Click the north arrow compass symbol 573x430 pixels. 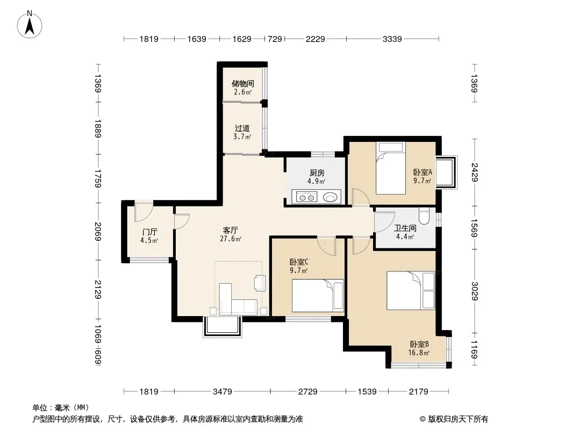[30, 25]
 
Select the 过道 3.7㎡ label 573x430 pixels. [242, 132]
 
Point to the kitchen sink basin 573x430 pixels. [331, 197]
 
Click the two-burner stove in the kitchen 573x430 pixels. [306, 198]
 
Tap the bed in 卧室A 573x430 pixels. [391, 168]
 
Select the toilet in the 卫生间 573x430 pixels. [424, 216]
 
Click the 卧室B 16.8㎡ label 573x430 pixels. [419, 348]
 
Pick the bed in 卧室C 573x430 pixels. [318, 296]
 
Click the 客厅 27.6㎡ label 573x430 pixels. [230, 234]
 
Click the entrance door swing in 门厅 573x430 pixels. [144, 213]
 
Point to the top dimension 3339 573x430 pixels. [392, 39]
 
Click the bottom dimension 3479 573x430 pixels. [222, 392]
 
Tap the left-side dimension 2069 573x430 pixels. [98, 231]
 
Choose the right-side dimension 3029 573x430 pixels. [474, 291]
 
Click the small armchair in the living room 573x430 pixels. [260, 283]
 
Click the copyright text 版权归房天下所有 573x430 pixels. [458, 419]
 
